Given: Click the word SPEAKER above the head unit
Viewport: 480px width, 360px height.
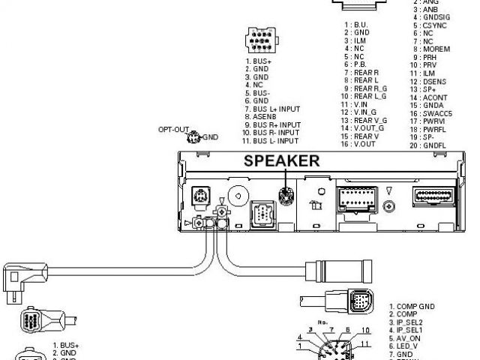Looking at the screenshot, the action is [x=280, y=160].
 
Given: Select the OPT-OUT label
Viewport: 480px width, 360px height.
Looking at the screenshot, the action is [x=172, y=130].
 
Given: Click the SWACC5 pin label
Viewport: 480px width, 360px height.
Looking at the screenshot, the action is [x=436, y=113].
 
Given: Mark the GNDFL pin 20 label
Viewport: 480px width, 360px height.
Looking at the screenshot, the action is [x=436, y=145].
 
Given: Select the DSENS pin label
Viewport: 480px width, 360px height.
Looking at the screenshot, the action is [x=434, y=82].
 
